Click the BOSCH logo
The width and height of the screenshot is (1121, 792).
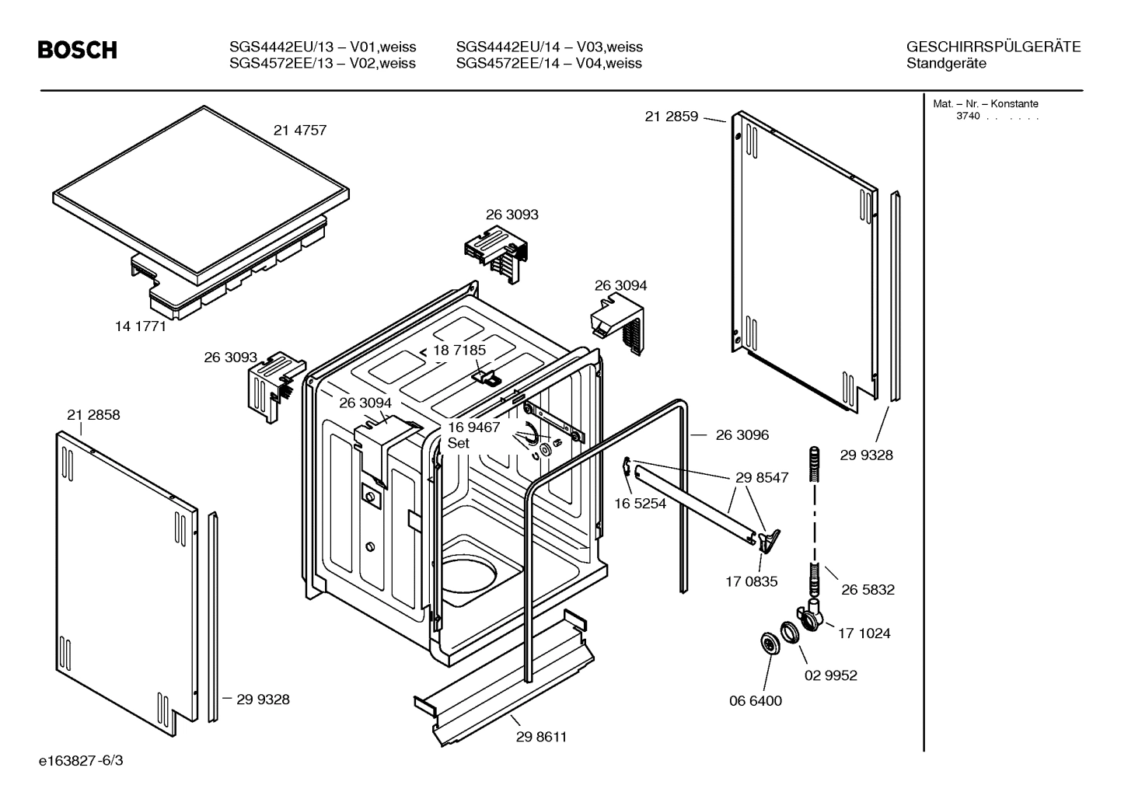click(x=78, y=51)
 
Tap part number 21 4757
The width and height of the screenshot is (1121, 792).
click(x=300, y=131)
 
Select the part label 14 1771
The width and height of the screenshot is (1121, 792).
click(x=141, y=326)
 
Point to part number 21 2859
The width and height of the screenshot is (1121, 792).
click(x=672, y=117)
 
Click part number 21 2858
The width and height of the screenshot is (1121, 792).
click(x=93, y=415)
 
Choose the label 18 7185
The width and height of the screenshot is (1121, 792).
click(x=459, y=351)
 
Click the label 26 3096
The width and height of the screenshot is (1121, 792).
click(x=742, y=435)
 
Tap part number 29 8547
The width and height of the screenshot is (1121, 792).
click(x=762, y=478)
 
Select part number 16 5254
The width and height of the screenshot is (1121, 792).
click(x=640, y=504)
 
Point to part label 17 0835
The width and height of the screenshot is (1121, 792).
click(x=751, y=581)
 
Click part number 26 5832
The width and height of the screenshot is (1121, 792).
click(x=868, y=590)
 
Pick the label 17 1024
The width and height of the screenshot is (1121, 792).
click(x=864, y=633)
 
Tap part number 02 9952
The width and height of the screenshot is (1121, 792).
click(x=830, y=675)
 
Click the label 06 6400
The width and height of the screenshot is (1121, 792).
click(x=755, y=701)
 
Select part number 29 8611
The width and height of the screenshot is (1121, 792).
click(x=541, y=737)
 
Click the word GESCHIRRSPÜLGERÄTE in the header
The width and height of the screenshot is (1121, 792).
click(x=993, y=47)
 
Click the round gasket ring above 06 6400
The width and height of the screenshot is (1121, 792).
click(x=770, y=644)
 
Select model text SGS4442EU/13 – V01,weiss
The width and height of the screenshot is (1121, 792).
click(x=323, y=47)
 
